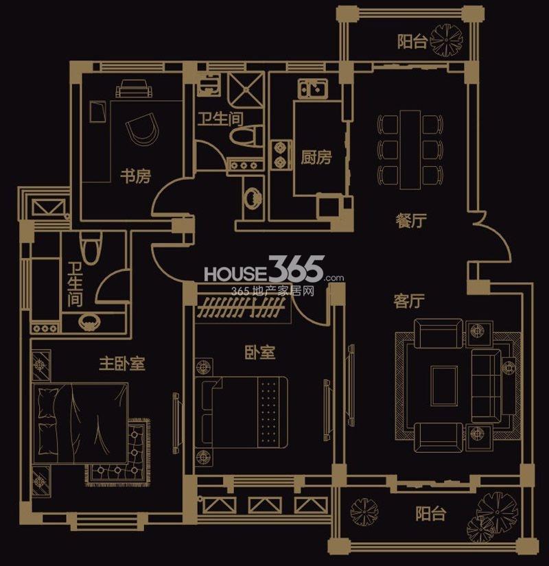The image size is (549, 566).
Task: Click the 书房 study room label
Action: click(135, 176)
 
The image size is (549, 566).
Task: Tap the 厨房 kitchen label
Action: click(316, 157)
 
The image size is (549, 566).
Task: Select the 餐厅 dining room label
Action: click(411, 220)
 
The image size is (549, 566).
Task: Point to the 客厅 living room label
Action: click(409, 301)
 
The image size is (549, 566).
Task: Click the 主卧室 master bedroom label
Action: click(122, 364)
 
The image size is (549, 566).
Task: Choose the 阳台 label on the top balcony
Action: click(412, 42)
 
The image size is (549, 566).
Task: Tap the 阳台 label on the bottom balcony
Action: click(430, 513)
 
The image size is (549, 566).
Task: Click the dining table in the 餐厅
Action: click(410, 150)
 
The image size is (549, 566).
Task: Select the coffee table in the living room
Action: click(444, 386)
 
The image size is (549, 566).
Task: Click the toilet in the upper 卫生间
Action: click(246, 136)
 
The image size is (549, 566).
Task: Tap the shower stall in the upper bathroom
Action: click(247, 89)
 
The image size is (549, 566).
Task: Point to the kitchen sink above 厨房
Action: click(313, 88)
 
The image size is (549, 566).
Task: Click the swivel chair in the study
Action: click(143, 128)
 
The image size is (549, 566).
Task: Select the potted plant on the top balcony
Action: click(447, 40)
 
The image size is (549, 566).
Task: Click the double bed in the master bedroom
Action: click(80, 423)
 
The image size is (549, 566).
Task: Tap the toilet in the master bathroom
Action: click(91, 248)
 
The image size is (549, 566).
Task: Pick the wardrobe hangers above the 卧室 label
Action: click(242, 307)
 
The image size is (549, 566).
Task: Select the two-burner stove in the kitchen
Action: click(281, 155)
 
